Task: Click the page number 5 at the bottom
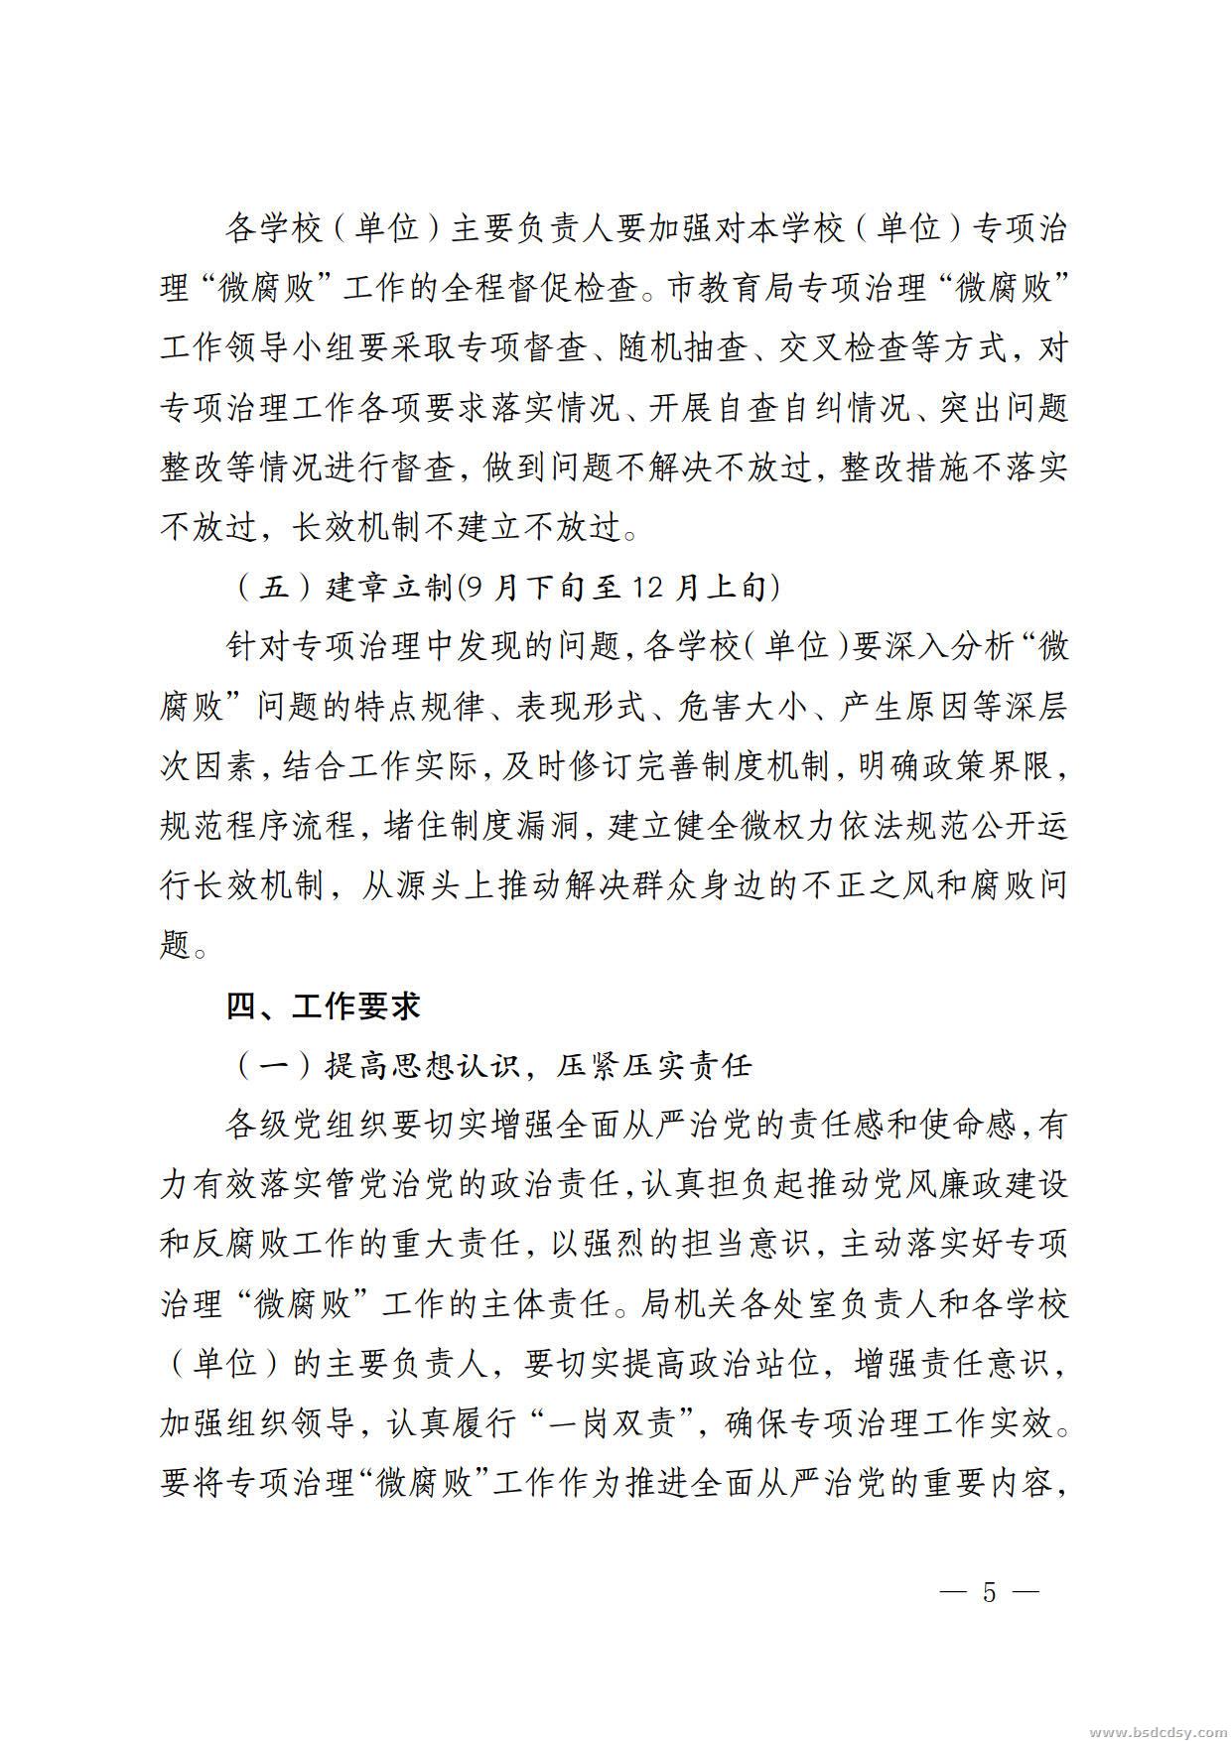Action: (x=988, y=1593)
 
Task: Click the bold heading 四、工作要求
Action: (x=324, y=1005)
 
